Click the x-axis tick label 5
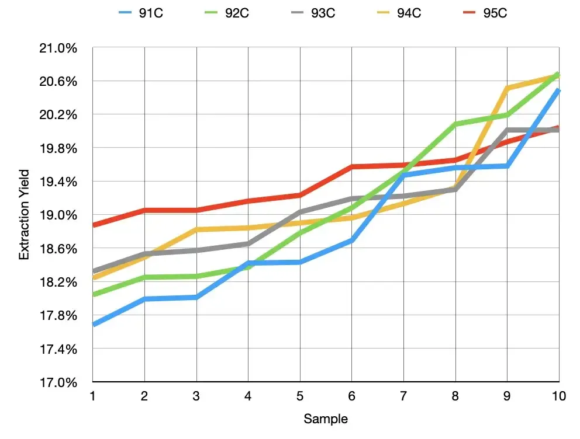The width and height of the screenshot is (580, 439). pyautogui.click(x=300, y=396)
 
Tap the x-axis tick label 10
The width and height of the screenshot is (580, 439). pyautogui.click(x=558, y=396)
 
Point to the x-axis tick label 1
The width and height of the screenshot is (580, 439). pyautogui.click(x=92, y=396)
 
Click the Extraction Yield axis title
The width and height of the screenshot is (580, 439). pyautogui.click(x=24, y=215)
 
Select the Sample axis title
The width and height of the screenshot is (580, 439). pyautogui.click(x=326, y=419)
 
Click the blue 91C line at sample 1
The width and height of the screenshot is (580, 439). pyautogui.click(x=94, y=324)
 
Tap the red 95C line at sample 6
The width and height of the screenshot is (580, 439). pyautogui.click(x=352, y=167)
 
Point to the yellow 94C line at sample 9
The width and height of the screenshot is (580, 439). pyautogui.click(x=508, y=88)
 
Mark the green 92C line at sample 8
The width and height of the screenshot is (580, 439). pyautogui.click(x=455, y=124)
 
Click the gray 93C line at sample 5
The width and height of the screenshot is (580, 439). pyautogui.click(x=300, y=212)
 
